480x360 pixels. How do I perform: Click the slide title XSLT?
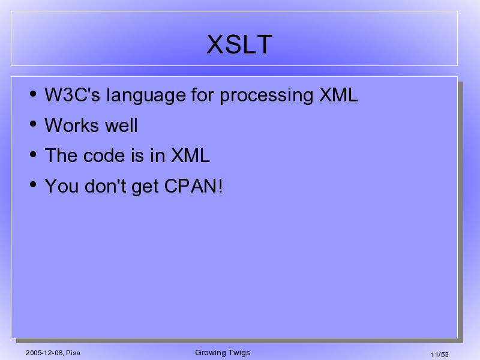click(239, 44)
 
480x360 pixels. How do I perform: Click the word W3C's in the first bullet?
click(72, 95)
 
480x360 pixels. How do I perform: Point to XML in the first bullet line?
click(338, 95)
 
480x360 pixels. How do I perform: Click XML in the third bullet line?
click(190, 155)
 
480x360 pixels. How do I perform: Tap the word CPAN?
click(193, 186)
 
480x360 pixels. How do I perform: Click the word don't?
click(106, 186)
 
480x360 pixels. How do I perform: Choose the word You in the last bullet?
click(62, 186)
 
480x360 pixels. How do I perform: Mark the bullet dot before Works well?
click(33, 124)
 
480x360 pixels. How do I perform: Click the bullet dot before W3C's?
click(33, 94)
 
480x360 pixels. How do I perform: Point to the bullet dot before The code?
click(33, 154)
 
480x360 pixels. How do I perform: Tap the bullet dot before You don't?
click(33, 185)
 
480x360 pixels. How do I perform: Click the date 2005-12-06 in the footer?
click(44, 353)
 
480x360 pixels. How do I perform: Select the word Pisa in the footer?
click(73, 353)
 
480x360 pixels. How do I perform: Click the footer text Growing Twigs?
click(223, 353)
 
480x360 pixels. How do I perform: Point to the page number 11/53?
click(440, 355)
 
